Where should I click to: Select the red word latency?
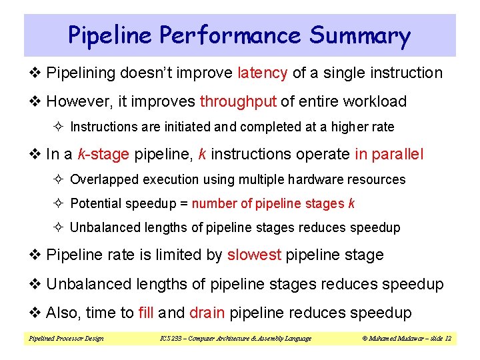coord(262,73)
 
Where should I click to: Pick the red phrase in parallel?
coord(389,154)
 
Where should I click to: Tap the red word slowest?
coord(254,255)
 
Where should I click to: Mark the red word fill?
coord(146,313)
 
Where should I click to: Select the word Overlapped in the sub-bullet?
coord(101,179)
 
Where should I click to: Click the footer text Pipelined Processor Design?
coord(65,339)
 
